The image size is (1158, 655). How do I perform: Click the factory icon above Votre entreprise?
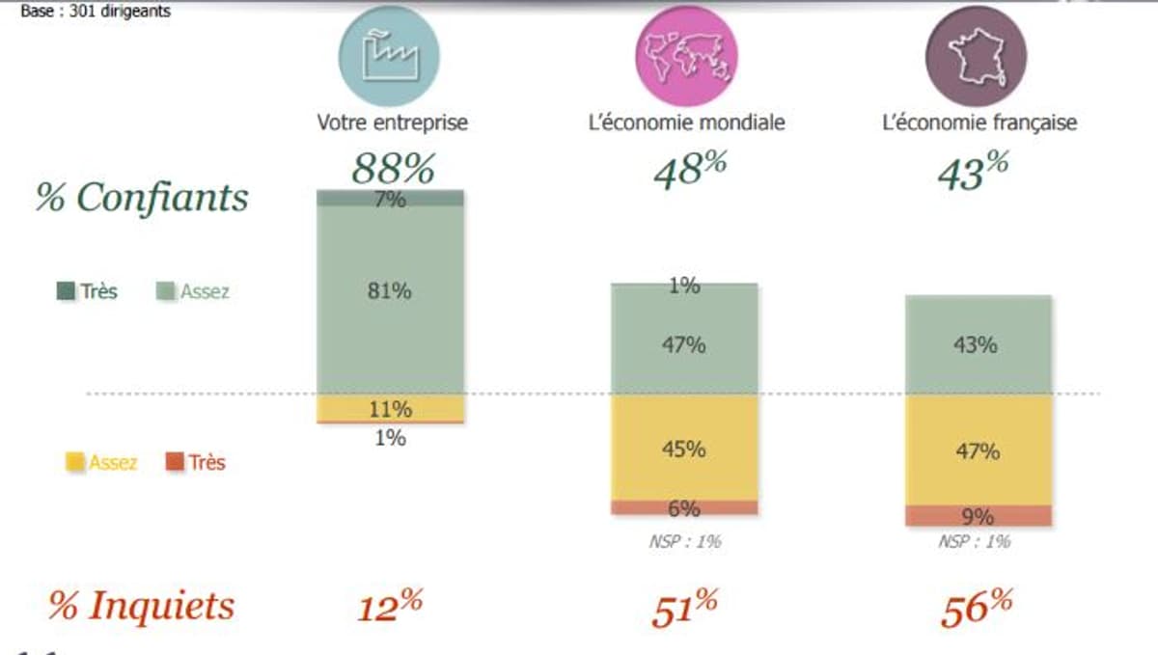point(388,56)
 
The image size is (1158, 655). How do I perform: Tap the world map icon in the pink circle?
point(686,56)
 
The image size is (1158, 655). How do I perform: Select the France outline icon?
point(977,56)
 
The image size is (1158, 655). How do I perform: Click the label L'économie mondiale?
point(686,123)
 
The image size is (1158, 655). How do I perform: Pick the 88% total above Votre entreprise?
point(392,169)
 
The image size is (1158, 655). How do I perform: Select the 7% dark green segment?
point(391,198)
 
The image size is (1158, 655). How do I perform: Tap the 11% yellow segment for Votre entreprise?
point(391,408)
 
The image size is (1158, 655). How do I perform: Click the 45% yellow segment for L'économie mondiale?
point(684,449)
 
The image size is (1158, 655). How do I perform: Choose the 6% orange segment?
point(684,507)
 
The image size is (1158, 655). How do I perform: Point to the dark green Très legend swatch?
point(66,290)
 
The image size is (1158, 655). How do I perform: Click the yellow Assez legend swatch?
point(74,463)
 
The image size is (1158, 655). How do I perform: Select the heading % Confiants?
point(142,198)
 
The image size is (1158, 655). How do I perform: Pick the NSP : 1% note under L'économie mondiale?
point(684,542)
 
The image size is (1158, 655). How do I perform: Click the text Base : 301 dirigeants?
point(96,13)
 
